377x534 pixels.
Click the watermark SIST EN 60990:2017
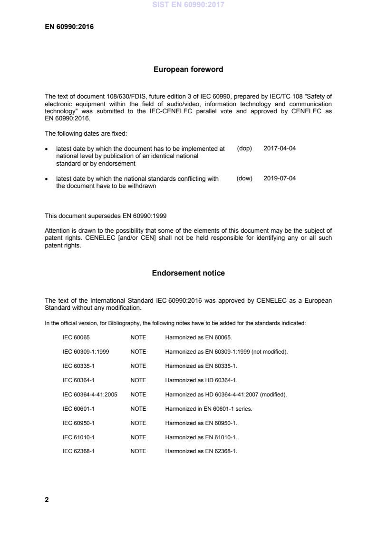(x=188, y=5)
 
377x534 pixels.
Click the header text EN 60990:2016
(x=69, y=27)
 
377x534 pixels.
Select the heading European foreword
(x=188, y=69)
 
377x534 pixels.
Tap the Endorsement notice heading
(x=188, y=273)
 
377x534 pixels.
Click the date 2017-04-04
(x=280, y=148)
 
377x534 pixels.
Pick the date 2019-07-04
(x=280, y=178)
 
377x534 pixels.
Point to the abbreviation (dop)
(x=244, y=148)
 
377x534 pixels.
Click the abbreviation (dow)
(x=244, y=178)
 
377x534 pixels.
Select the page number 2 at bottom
(x=47, y=500)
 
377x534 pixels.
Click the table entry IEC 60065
(x=76, y=337)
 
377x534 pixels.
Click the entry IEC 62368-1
(x=79, y=451)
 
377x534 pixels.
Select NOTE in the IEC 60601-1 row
(x=138, y=408)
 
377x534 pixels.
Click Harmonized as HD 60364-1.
(x=201, y=380)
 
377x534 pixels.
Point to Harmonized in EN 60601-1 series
(x=208, y=408)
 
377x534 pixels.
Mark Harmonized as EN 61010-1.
(x=201, y=437)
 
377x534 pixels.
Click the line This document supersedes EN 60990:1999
(x=106, y=216)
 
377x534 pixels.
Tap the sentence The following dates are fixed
(x=86, y=134)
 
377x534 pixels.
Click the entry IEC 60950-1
(x=79, y=423)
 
